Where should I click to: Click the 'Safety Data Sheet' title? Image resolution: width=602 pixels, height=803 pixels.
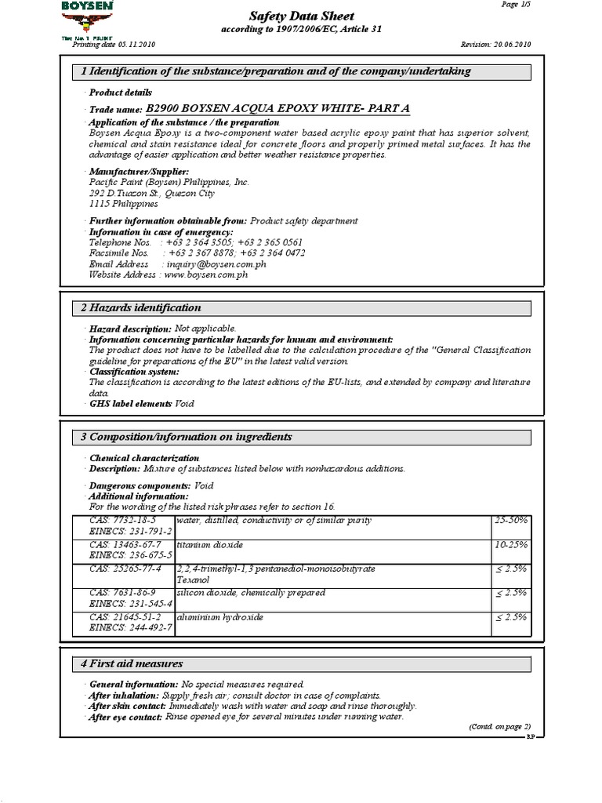301,16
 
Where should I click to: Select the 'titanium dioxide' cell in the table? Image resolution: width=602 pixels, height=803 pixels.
209,543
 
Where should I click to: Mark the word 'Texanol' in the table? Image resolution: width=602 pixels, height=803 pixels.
193,580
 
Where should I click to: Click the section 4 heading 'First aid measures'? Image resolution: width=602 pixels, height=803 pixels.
132,663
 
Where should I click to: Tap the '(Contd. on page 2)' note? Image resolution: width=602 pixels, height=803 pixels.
499,727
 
